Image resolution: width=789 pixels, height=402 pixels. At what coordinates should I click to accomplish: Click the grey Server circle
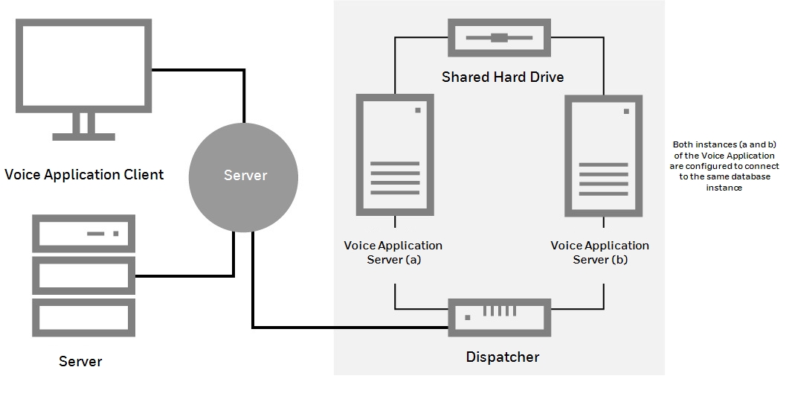click(243, 176)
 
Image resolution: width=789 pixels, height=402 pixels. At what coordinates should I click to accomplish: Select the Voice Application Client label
click(84, 175)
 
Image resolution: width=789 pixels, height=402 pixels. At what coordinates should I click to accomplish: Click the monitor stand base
click(83, 136)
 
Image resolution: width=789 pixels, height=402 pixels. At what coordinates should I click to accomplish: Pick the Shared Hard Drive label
click(503, 77)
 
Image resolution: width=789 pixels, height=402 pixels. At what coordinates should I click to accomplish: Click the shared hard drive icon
click(499, 37)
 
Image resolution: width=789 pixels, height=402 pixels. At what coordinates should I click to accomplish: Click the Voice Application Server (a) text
click(393, 252)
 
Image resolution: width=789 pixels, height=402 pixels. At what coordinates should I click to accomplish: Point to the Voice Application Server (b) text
click(599, 252)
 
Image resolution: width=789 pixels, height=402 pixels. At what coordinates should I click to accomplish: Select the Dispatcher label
click(502, 357)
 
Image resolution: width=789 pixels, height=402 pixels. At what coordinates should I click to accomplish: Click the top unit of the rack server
click(83, 234)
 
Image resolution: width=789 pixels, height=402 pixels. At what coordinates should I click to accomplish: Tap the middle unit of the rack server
click(83, 275)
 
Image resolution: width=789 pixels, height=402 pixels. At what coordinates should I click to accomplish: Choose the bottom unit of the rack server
click(83, 317)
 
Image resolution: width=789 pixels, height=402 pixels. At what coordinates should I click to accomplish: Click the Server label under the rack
click(80, 362)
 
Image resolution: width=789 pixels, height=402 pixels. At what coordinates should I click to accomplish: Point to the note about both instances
click(724, 166)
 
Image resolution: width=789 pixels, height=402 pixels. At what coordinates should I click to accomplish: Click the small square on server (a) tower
click(418, 111)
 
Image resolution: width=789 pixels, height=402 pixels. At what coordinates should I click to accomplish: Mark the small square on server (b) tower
click(626, 111)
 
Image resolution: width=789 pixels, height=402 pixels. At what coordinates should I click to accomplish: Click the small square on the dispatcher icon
click(466, 317)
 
